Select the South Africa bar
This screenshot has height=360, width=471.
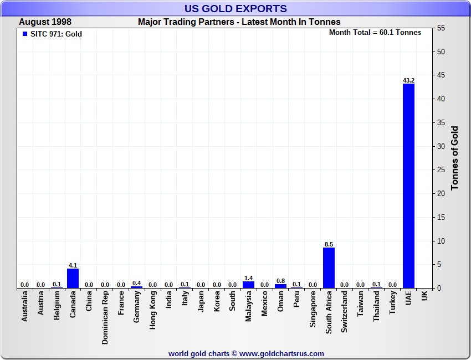click(329, 268)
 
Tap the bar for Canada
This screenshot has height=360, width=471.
click(73, 278)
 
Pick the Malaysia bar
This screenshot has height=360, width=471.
click(248, 285)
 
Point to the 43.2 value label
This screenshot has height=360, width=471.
click(408, 80)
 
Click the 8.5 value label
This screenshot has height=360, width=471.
click(329, 244)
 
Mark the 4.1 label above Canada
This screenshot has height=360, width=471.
click(73, 265)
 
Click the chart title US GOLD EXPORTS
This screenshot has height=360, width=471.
click(235, 8)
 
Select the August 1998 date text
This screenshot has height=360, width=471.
click(45, 22)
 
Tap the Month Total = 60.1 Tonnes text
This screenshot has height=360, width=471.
click(375, 33)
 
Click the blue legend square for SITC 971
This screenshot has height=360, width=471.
click(24, 34)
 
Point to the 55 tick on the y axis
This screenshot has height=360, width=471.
click(441, 28)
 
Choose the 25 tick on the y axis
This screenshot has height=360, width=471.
click(441, 170)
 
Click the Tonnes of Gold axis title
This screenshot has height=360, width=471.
click(455, 158)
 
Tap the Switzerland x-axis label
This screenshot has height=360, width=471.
click(345, 312)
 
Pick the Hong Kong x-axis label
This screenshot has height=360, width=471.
click(153, 312)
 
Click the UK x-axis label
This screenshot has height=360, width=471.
click(424, 297)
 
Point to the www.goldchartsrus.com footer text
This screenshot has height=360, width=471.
click(281, 353)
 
